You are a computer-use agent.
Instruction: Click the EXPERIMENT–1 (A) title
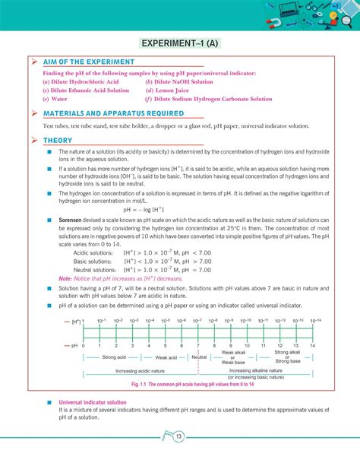pyautogui.click(x=179, y=43)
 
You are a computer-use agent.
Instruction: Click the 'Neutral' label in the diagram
pyautogui.click(x=199, y=357)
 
